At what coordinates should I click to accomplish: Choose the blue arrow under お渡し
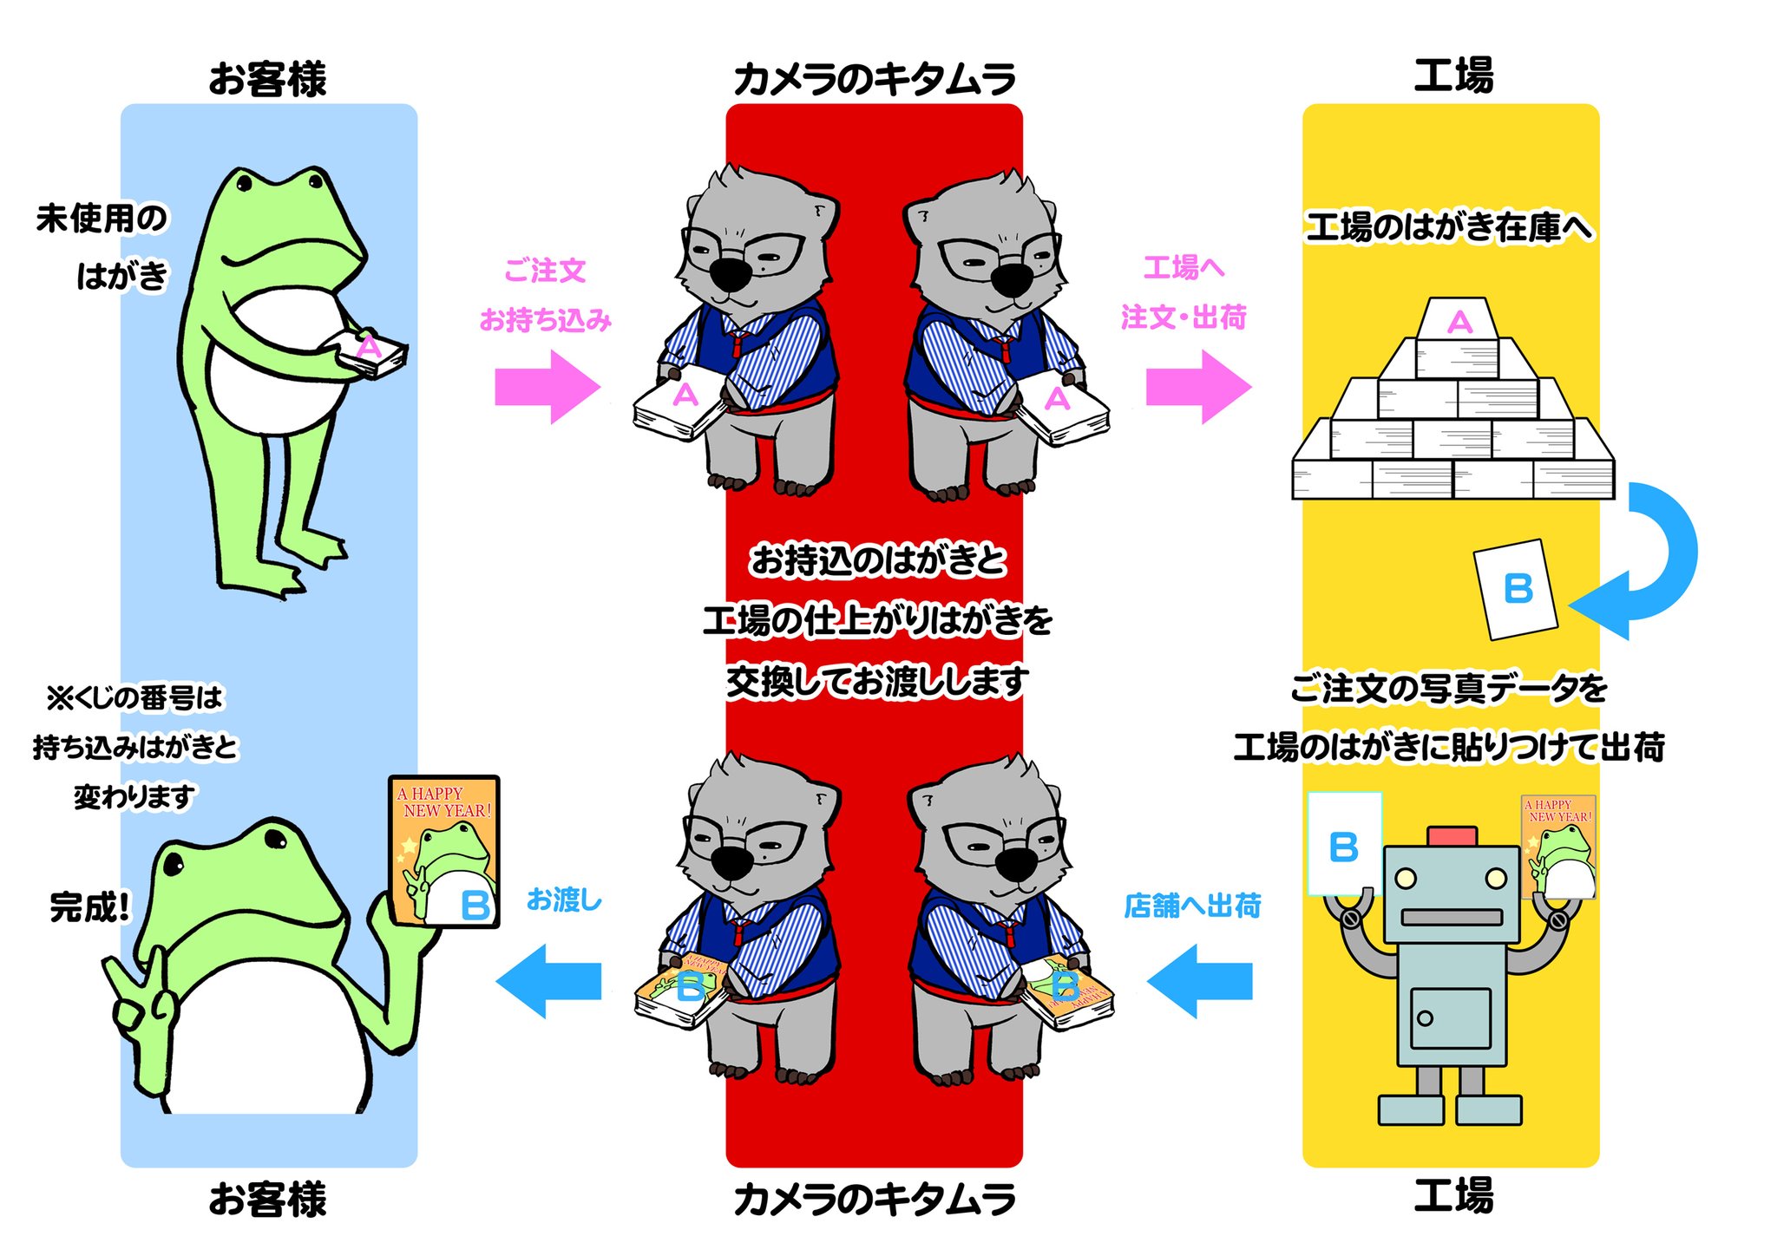[x=548, y=981]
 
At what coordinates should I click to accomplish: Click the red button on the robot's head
[x=1452, y=836]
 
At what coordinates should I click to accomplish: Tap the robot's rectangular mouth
[x=1452, y=917]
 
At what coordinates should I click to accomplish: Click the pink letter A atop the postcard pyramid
[x=1459, y=323]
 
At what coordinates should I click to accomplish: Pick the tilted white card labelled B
[x=1516, y=590]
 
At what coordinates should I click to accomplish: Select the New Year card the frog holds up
[x=444, y=852]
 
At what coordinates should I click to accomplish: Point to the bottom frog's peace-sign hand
[x=139, y=998]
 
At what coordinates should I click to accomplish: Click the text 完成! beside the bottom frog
[x=89, y=907]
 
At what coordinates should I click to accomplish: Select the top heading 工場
[x=1453, y=76]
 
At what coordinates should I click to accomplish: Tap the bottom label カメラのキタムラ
[x=875, y=1200]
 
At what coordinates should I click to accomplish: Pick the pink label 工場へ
[x=1184, y=268]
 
